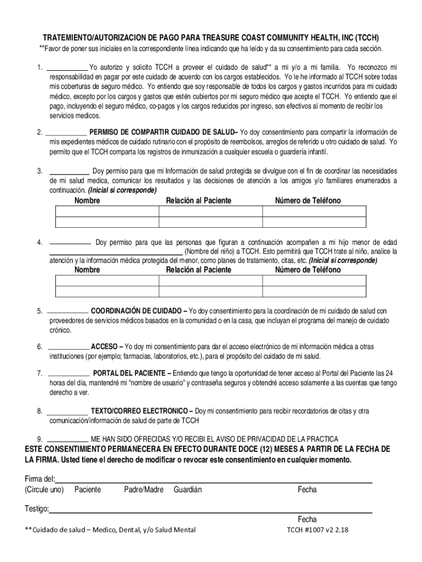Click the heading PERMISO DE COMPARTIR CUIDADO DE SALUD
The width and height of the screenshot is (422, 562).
click(163, 132)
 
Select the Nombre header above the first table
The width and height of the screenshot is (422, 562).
click(87, 201)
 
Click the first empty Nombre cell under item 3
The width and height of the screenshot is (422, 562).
click(107, 212)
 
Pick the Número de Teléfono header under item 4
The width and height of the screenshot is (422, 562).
click(307, 270)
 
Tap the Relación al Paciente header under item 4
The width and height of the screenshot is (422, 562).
click(198, 270)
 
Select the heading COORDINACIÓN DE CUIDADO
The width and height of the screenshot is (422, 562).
click(139, 311)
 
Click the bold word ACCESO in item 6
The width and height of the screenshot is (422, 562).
click(106, 347)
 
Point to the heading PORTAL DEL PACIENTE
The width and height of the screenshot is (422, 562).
click(132, 373)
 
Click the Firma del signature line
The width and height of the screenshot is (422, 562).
click(214, 480)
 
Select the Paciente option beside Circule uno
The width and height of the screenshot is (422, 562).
click(88, 490)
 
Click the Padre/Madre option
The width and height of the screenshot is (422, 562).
click(144, 490)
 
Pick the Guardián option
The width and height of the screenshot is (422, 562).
click(188, 490)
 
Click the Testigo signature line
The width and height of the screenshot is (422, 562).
click(210, 510)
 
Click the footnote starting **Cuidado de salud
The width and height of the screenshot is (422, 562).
click(110, 530)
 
